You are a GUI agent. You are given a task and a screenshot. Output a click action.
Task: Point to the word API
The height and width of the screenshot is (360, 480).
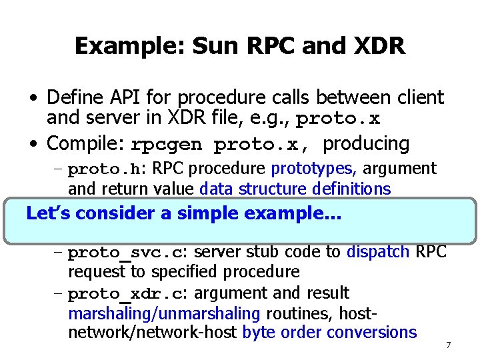click(x=129, y=97)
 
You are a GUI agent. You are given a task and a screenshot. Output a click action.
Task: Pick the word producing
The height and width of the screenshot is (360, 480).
click(x=366, y=143)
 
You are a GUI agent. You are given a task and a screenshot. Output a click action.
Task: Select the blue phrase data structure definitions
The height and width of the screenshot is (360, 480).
click(x=295, y=189)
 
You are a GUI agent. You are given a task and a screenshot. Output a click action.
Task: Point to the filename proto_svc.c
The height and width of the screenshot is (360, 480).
click(x=127, y=253)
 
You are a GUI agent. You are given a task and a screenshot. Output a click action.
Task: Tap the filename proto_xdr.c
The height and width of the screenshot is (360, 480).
click(x=127, y=293)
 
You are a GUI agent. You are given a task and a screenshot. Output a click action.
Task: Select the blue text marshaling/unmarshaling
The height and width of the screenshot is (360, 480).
click(x=164, y=313)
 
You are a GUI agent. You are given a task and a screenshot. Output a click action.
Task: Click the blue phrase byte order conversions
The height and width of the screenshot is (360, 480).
click(x=329, y=332)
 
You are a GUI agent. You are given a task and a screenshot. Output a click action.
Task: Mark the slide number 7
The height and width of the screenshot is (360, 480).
click(x=448, y=345)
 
